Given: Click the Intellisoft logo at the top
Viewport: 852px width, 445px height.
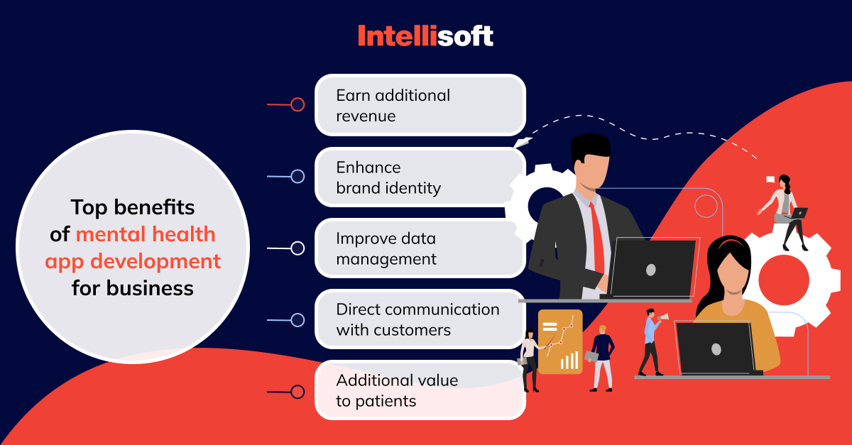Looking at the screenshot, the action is (425, 35).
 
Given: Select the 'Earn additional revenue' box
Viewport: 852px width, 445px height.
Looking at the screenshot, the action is (420, 105).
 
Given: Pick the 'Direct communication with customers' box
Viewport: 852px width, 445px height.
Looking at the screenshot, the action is (420, 319).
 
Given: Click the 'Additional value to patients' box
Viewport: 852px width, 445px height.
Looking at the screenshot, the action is (420, 390).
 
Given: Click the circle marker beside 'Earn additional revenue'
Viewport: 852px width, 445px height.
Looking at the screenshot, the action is (297, 104).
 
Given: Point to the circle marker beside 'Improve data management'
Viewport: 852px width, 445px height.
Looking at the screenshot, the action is (297, 248).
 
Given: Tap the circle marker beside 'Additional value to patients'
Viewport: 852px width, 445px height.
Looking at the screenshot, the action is (297, 392).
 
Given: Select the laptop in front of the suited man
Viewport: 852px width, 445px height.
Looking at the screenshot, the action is (652, 268).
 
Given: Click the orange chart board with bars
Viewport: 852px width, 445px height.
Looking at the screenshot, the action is (560, 341).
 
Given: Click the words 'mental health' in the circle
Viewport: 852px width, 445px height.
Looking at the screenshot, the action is (146, 234).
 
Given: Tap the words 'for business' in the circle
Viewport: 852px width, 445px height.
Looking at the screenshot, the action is (133, 288).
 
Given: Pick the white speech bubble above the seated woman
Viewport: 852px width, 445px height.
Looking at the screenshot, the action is (770, 180).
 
